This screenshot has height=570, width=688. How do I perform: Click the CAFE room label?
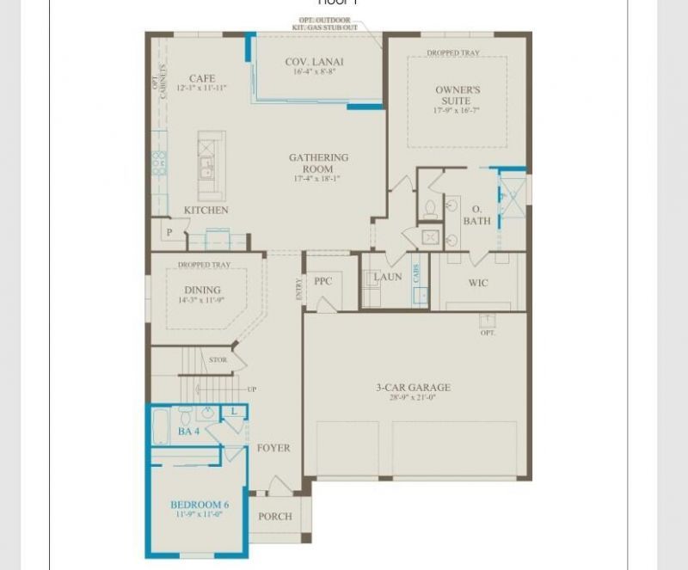(202, 78)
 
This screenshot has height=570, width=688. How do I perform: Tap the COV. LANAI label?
(315, 62)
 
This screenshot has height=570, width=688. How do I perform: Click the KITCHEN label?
(206, 210)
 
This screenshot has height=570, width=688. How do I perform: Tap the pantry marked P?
(169, 232)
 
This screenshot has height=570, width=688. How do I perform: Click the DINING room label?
(202, 290)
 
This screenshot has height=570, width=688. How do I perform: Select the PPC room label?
(322, 281)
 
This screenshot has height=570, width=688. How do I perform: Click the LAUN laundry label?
(388, 277)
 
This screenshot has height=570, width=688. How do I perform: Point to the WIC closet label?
(478, 283)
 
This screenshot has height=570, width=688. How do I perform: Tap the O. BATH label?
(477, 215)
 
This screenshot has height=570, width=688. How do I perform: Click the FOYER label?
(273, 448)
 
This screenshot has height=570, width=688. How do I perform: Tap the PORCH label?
(275, 517)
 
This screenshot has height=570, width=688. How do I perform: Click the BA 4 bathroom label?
(189, 431)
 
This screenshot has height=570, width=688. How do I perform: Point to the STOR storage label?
(218, 359)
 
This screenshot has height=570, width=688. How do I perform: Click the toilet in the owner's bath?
(431, 208)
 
